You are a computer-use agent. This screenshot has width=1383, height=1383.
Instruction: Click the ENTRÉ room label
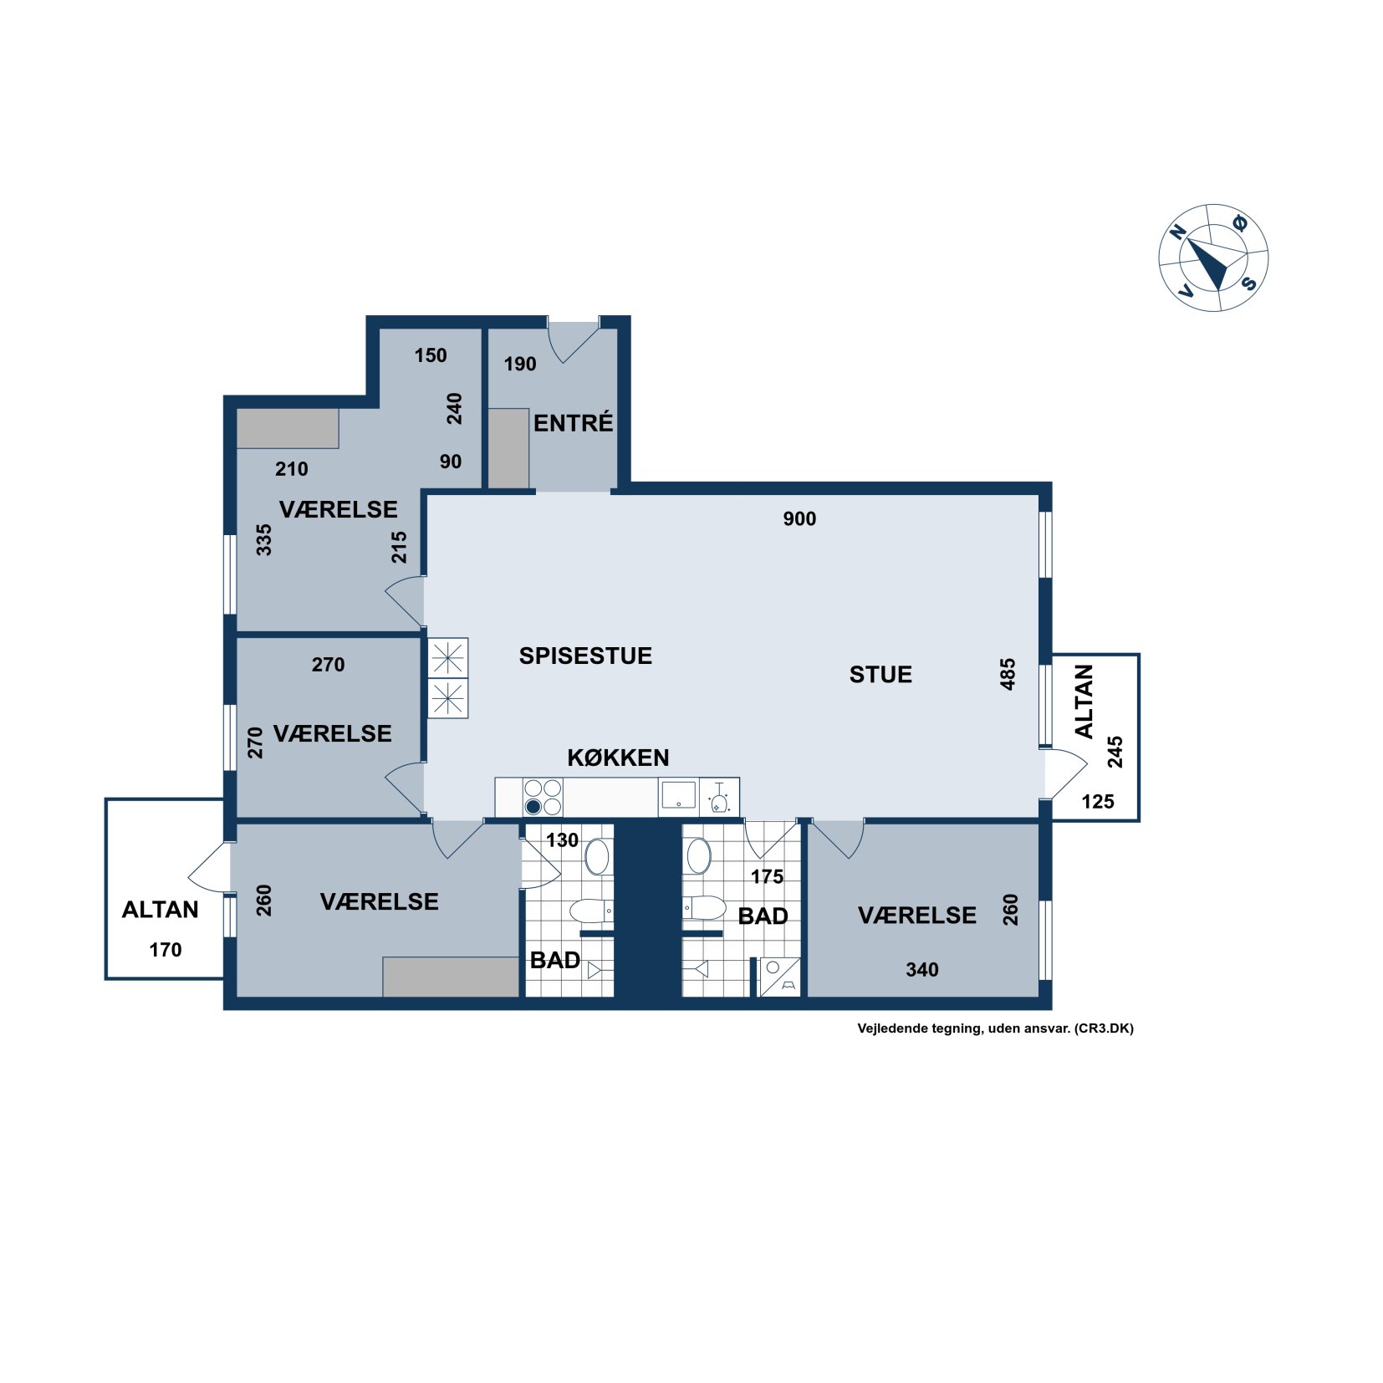(573, 422)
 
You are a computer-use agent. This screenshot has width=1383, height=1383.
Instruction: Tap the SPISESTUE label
(585, 656)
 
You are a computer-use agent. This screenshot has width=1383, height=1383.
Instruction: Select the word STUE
(880, 675)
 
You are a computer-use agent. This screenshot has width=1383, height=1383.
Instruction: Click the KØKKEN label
(618, 758)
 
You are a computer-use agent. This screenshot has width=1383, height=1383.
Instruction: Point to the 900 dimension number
(799, 518)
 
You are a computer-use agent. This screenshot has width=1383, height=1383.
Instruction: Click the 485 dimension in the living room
(1008, 674)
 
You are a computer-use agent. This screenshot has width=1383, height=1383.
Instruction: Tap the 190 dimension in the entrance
(520, 364)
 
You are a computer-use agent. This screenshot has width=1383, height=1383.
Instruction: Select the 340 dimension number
(922, 969)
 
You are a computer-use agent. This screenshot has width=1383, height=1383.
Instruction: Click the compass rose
(1213, 258)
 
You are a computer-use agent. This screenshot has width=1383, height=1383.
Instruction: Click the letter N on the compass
(1179, 232)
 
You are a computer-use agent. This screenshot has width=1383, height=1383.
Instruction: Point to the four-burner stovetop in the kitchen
(543, 797)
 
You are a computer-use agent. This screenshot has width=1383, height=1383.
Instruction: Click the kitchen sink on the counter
(678, 796)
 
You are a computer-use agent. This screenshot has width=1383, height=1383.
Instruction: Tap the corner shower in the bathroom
(780, 977)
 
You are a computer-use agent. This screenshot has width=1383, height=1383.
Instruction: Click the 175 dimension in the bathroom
(767, 876)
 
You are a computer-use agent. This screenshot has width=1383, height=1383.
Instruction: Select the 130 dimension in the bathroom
(562, 839)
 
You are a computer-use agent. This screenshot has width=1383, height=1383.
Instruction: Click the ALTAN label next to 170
(161, 909)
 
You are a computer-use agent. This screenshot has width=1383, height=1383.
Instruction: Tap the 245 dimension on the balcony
(1115, 752)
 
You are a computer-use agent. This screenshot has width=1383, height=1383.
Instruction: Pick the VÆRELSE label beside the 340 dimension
(917, 915)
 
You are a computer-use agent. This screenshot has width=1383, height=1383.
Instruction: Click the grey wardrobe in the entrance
(508, 448)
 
